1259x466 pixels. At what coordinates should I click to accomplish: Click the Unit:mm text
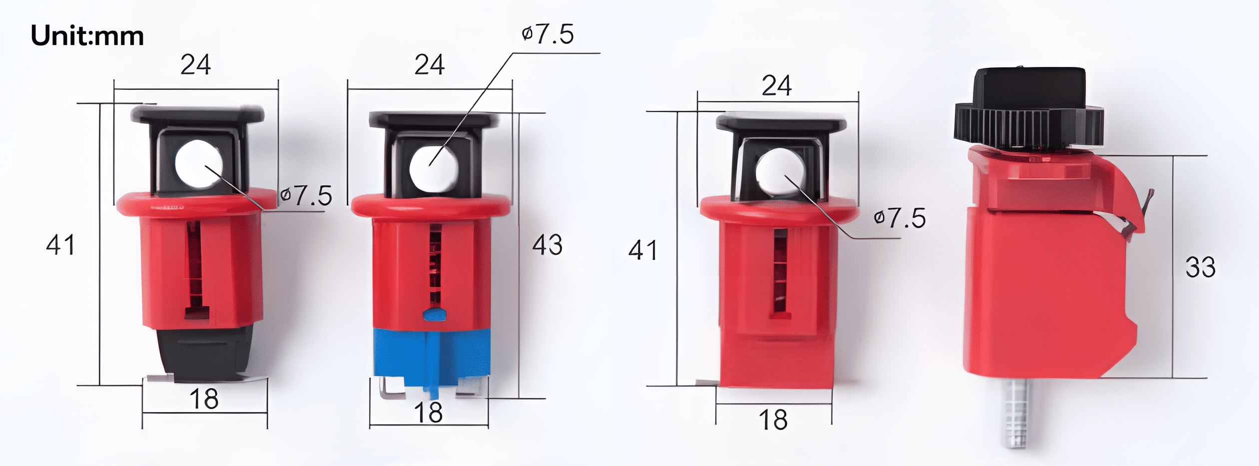tap(87, 36)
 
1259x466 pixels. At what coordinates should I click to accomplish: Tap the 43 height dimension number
tap(547, 245)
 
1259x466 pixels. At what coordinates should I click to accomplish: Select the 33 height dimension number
tap(1201, 267)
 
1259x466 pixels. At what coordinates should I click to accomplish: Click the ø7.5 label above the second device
tap(548, 34)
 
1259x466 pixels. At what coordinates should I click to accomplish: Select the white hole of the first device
tap(199, 164)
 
